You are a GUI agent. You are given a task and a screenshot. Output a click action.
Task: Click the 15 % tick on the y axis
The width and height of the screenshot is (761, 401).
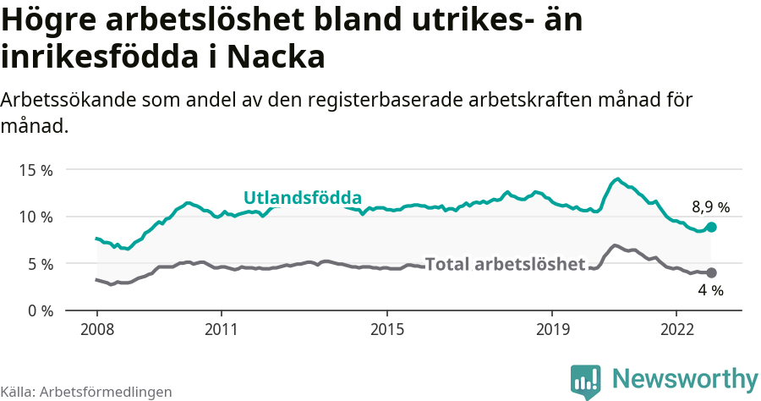(36, 170)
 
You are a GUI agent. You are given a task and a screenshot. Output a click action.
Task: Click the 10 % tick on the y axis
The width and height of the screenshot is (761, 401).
(36, 217)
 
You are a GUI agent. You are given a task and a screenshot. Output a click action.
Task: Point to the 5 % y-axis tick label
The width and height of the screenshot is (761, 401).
(40, 264)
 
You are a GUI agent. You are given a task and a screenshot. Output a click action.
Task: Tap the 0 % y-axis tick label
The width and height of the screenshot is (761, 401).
(40, 310)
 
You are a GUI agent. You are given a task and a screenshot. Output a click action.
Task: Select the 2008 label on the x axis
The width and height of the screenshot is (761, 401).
(96, 328)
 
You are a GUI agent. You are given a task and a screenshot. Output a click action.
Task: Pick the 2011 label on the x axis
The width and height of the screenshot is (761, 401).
(221, 328)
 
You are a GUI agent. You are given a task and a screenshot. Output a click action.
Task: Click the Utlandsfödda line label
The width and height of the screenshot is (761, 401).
(303, 198)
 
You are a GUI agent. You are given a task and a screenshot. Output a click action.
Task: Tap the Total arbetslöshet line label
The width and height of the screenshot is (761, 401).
(505, 264)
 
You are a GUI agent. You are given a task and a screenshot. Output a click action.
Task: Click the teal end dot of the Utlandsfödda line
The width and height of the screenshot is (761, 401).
(712, 227)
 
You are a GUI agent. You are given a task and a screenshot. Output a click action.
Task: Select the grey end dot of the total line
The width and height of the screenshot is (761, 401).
(712, 272)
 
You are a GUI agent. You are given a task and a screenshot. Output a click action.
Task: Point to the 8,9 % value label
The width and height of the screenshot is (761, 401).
(710, 206)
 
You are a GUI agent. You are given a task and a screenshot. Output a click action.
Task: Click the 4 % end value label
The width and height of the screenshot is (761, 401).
(710, 291)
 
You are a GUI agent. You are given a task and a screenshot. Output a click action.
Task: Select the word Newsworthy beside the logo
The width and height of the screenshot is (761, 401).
(685, 379)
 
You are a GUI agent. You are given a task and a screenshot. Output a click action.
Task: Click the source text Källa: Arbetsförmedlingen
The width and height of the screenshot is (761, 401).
(86, 392)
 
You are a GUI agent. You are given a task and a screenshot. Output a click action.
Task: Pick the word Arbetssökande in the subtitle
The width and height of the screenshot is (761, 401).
(73, 100)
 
